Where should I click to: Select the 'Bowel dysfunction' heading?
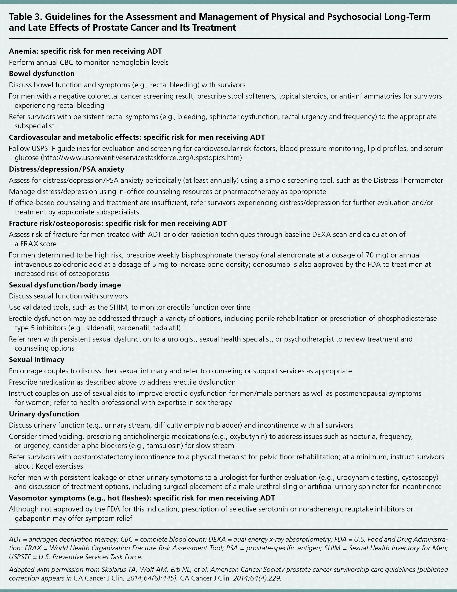pyautogui.click(x=42, y=74)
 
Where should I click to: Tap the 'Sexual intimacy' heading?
pyautogui.click(x=37, y=360)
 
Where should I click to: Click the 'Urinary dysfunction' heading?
pyautogui.click(x=44, y=414)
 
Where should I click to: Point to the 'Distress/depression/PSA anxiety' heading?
pyautogui.click(x=67, y=169)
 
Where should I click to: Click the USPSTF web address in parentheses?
pyautogui.click(x=141, y=158)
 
